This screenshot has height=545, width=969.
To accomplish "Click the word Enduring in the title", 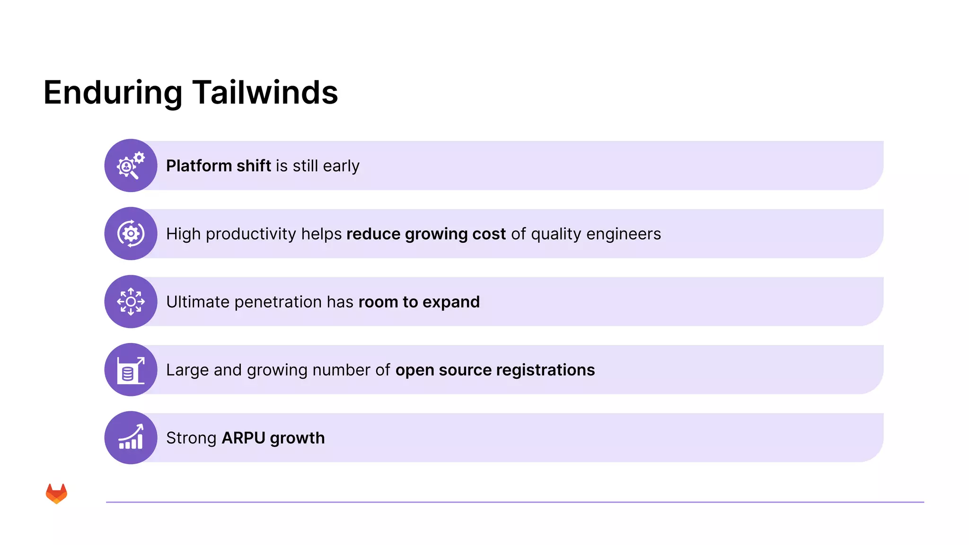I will (x=113, y=92).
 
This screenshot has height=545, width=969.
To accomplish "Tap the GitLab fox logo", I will (x=56, y=493).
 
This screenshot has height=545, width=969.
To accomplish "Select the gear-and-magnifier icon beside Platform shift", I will (x=131, y=166).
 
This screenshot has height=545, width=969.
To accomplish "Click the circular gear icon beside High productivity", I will (x=131, y=234).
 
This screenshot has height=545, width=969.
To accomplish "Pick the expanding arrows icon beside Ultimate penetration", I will (x=131, y=302).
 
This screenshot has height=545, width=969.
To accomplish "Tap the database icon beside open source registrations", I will (x=131, y=370).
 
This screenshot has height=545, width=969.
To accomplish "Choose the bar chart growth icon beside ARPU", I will (x=131, y=438).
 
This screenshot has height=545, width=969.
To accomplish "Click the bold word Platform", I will (x=199, y=166).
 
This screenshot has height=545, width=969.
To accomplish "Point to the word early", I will (x=341, y=166).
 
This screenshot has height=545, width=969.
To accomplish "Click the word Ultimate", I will (x=197, y=302).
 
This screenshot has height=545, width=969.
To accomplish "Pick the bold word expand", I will (x=451, y=302).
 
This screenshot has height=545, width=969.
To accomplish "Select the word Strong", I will (x=191, y=438).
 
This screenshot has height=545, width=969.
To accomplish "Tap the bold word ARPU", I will (x=243, y=438).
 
